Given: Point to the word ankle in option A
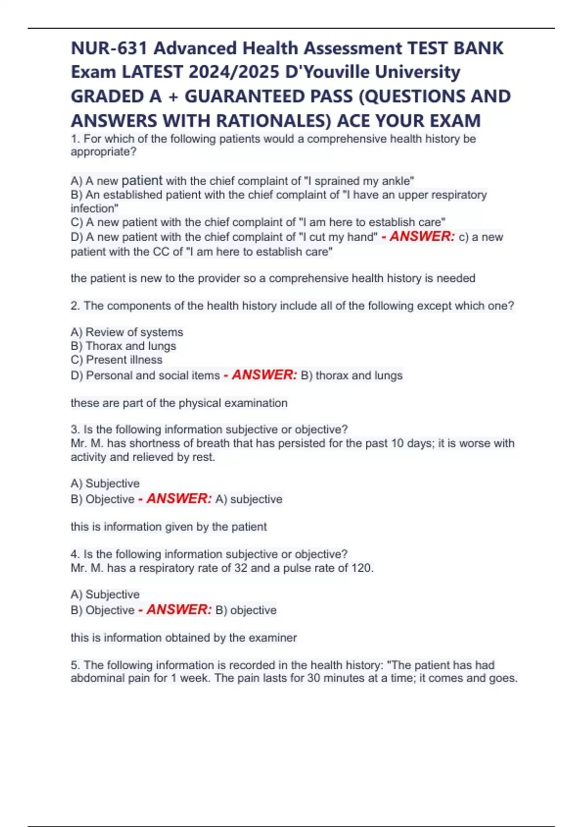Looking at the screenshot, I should click(x=396, y=181).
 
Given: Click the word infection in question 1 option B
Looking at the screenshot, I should click(x=93, y=208).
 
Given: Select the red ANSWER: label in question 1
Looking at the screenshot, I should click(x=422, y=236).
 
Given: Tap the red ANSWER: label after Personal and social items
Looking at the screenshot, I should click(x=264, y=375).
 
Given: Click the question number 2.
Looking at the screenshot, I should click(x=75, y=306).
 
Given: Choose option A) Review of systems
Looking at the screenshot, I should click(x=127, y=332).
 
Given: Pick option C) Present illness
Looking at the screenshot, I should click(x=117, y=360).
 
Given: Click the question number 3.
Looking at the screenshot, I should click(x=75, y=430).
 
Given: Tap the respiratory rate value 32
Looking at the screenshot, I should click(x=240, y=568).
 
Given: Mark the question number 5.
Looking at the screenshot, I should click(x=75, y=665).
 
